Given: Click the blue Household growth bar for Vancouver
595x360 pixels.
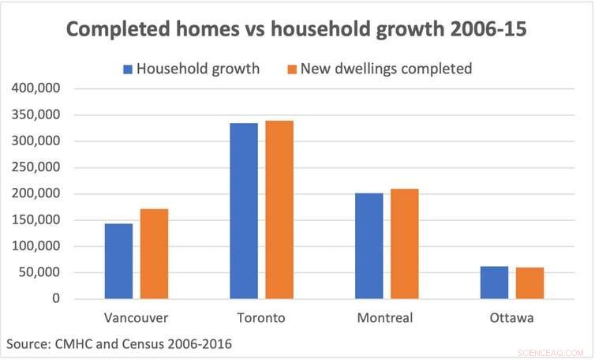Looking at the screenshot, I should tap(118, 261).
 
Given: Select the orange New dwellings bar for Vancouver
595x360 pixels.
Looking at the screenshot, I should tap(154, 254).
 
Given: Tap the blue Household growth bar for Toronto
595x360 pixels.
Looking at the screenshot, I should tap(244, 211).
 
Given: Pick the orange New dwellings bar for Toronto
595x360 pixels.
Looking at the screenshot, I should tap(279, 210).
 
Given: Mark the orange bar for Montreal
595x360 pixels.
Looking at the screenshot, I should tap(404, 244).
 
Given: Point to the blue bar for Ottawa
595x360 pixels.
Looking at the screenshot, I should tap(494, 283).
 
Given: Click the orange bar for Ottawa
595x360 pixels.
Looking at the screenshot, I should tap(530, 283).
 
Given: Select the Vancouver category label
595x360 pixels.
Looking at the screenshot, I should tap(136, 318).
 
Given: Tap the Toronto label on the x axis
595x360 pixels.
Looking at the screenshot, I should tap(261, 318).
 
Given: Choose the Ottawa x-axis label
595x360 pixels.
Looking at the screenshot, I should tap(511, 318).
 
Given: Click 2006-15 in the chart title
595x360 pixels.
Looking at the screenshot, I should tap(489, 29).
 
